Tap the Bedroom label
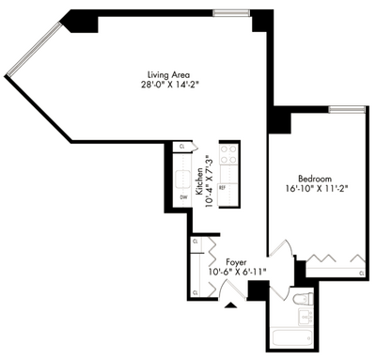point(316,177)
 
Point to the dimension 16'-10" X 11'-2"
point(316,188)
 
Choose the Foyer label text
point(236,261)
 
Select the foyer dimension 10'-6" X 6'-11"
point(236,273)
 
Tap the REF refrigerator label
point(223,188)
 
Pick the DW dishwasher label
point(183,198)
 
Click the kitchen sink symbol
point(180,178)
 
